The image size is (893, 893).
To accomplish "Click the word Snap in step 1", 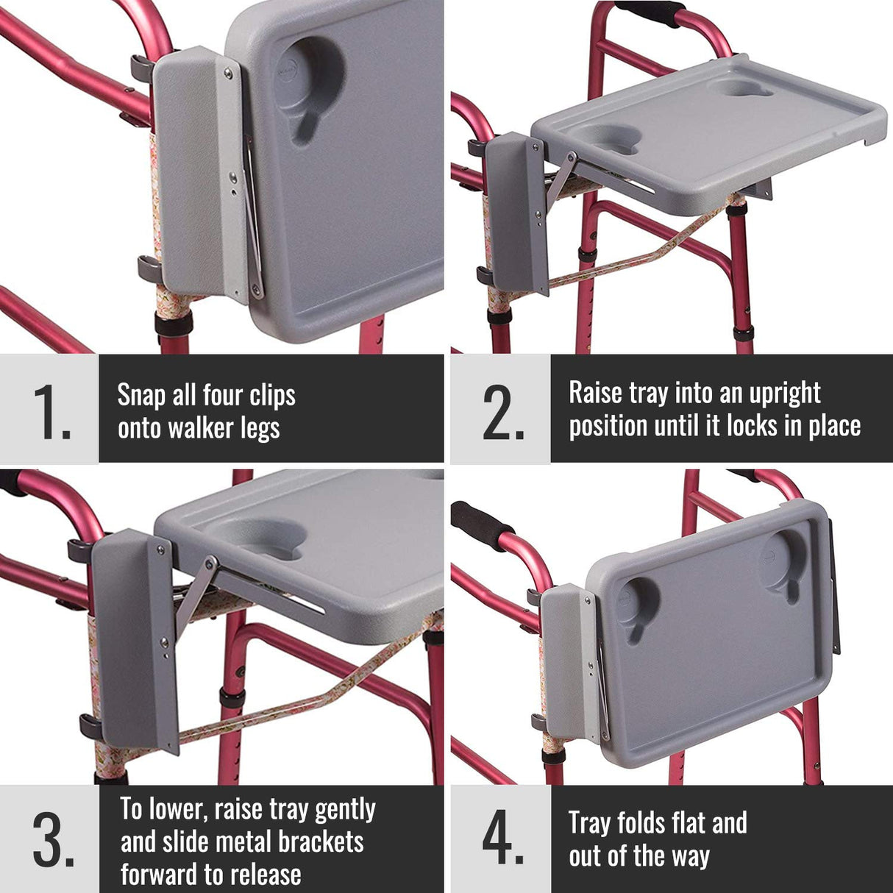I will (141, 396).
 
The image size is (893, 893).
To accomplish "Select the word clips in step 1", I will (272, 396).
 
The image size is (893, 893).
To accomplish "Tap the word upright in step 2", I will (784, 394).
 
